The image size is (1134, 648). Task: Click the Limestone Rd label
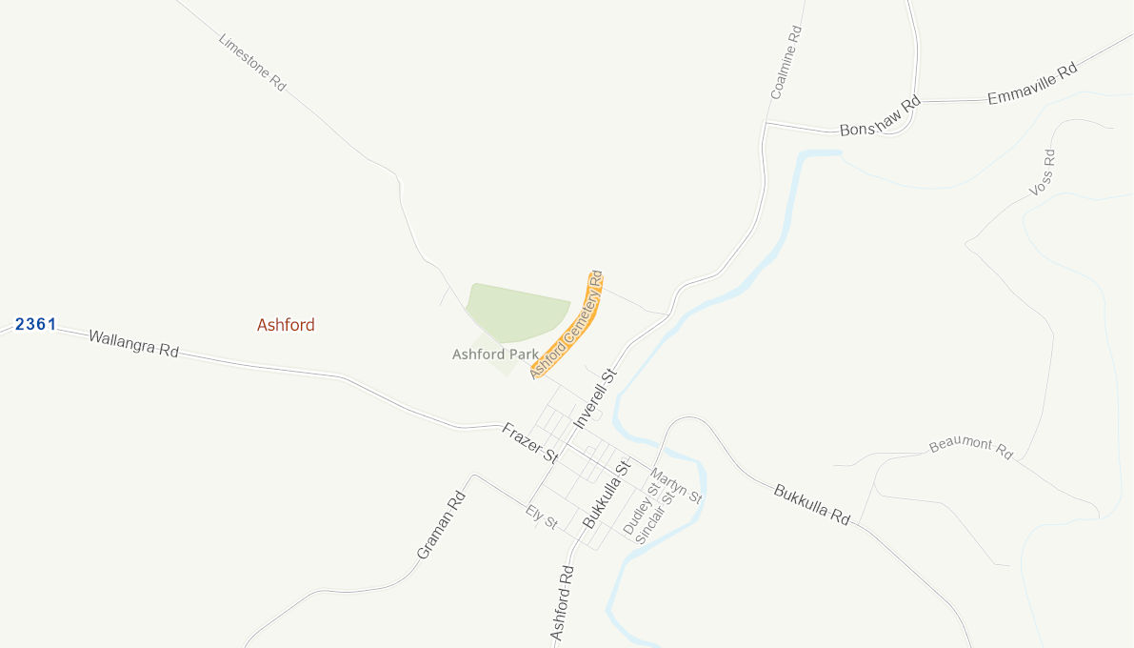click(x=252, y=63)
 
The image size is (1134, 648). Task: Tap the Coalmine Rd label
click(x=786, y=62)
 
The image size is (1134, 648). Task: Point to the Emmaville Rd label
click(x=1032, y=84)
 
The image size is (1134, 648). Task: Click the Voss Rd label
click(x=1043, y=172)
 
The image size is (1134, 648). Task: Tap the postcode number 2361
click(x=36, y=324)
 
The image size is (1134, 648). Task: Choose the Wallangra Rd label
click(x=133, y=343)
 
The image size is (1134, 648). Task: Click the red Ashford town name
click(x=286, y=325)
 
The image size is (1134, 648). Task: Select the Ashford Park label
click(x=495, y=354)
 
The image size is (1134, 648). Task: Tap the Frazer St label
click(x=529, y=443)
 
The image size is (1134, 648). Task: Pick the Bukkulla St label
click(x=607, y=495)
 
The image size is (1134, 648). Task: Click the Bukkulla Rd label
click(x=811, y=505)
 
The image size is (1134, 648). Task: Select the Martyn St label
click(x=676, y=485)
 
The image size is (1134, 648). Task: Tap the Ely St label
click(x=541, y=517)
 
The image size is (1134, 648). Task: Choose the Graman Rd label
click(x=441, y=524)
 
